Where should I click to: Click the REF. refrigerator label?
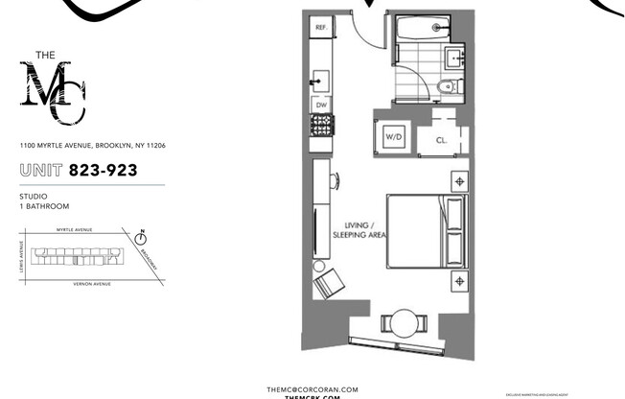pos(321,29)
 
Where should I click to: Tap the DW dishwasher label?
pos(321,104)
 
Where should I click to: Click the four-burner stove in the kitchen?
pos(321,124)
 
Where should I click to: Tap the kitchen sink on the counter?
pos(321,74)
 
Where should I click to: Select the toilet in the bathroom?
pos(441,88)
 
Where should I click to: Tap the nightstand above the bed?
pos(459,181)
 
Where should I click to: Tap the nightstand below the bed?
pos(459,279)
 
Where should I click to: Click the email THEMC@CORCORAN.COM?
pos(312,389)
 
